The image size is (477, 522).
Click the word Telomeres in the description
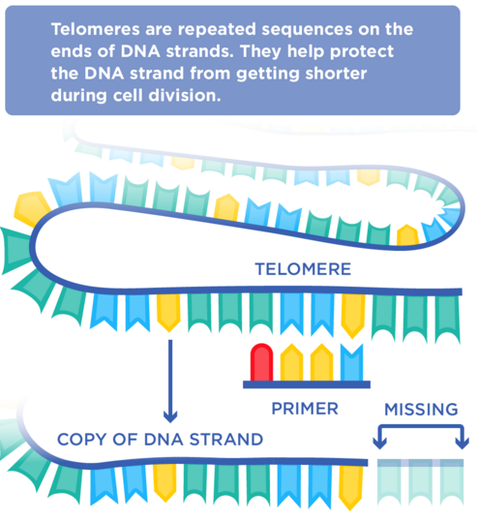pyautogui.click(x=95, y=29)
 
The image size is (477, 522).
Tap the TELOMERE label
pyautogui.click(x=303, y=269)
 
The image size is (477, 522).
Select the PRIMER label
pyautogui.click(x=305, y=409)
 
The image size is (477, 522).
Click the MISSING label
pyautogui.click(x=421, y=409)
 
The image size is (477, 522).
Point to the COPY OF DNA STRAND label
pyautogui.click(x=160, y=440)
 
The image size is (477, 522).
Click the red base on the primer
pyautogui.click(x=261, y=362)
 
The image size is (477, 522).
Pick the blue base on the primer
pyautogui.click(x=352, y=362)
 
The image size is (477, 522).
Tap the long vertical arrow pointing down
pyautogui.click(x=170, y=382)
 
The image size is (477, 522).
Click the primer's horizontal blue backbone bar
pyautogui.click(x=307, y=384)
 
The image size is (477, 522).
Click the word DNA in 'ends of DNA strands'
pyautogui.click(x=140, y=51)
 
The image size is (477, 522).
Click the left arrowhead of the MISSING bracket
pyautogui.click(x=379, y=444)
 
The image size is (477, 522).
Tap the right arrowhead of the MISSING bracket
pyautogui.click(x=462, y=444)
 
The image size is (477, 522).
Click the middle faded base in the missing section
pyautogui.click(x=421, y=481)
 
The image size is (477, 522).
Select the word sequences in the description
pyautogui.click(x=307, y=30)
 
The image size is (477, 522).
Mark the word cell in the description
pyautogui.click(x=128, y=96)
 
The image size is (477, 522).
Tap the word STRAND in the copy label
pyautogui.click(x=226, y=440)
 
